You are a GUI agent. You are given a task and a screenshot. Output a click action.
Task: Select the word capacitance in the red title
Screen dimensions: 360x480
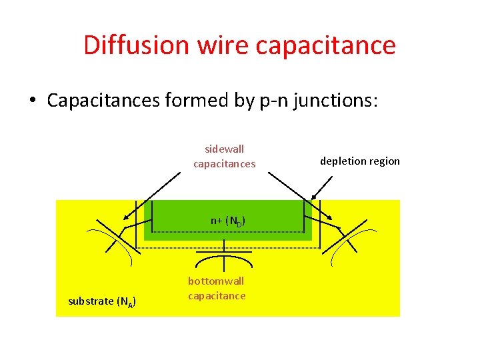(326, 45)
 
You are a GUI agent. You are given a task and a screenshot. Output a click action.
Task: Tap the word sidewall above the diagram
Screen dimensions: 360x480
(224, 149)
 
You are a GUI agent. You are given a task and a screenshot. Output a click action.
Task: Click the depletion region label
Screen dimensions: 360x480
(360, 161)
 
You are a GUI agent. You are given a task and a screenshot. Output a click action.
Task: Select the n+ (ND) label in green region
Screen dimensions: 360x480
(227, 221)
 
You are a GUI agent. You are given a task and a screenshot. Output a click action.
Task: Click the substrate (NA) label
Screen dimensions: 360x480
(103, 301)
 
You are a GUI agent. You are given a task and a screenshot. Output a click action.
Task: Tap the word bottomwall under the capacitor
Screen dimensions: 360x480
(216, 281)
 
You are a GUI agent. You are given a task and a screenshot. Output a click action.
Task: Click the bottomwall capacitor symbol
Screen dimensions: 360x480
(224, 255)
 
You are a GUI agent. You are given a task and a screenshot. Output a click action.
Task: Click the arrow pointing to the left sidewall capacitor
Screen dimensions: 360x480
(152, 195)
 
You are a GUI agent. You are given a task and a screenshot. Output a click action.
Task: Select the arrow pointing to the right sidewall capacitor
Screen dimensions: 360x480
(300, 195)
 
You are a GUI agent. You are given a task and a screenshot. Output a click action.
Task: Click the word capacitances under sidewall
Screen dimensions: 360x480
(224, 163)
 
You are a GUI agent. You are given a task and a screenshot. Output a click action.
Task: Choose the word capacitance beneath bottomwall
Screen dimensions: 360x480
(217, 295)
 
